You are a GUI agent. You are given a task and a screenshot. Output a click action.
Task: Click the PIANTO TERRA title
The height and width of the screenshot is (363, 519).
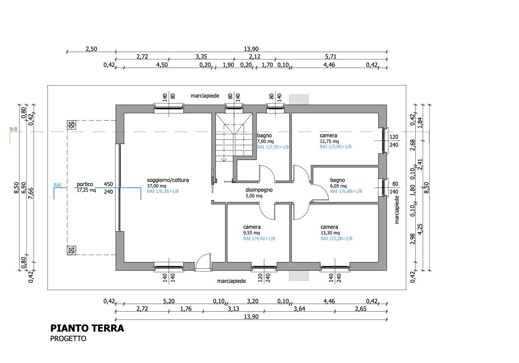(87, 328)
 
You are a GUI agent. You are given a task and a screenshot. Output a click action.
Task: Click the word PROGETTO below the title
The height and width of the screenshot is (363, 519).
(68, 339)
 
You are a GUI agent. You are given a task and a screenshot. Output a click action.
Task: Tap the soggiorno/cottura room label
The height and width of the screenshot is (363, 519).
(168, 180)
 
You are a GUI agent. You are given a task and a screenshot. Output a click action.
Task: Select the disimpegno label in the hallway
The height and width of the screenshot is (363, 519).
(259, 190)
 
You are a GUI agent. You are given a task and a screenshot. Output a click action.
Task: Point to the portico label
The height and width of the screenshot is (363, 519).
(85, 184)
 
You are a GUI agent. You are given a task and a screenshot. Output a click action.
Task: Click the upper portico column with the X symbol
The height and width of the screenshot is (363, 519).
(71, 124)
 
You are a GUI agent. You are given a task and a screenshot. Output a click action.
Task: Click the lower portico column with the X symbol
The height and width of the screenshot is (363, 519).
(71, 250)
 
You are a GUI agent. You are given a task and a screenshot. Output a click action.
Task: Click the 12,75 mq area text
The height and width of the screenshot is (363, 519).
(329, 141)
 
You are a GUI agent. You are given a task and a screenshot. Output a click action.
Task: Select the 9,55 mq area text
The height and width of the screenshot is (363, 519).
(252, 233)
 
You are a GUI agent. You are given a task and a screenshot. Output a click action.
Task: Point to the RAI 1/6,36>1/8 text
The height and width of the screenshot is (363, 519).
(163, 191)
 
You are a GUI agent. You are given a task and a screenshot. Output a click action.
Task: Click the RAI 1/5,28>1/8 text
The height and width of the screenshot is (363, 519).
(336, 239)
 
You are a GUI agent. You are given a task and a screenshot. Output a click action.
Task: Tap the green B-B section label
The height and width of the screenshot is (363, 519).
(14, 129)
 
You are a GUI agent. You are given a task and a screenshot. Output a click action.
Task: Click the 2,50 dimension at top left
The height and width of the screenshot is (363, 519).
(91, 49)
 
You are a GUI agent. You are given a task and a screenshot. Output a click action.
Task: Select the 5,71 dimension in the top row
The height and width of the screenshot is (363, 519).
(331, 57)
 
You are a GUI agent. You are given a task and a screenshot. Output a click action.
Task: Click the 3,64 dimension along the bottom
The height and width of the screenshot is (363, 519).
(299, 309)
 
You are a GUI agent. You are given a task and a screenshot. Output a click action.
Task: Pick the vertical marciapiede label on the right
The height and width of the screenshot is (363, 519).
(397, 212)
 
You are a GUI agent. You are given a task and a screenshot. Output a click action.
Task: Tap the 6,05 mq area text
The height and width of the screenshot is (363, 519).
(338, 186)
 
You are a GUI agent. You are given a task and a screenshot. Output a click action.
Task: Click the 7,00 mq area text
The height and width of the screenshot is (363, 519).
(265, 141)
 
